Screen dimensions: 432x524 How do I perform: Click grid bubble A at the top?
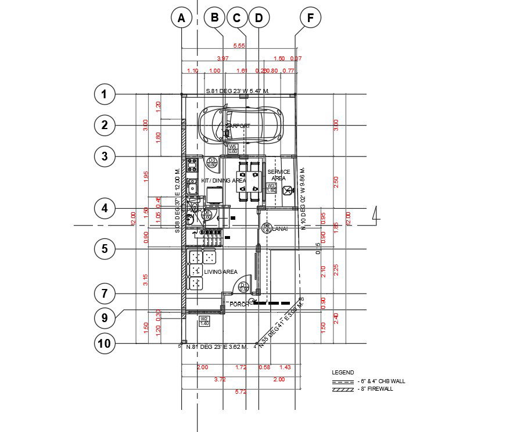(182, 18)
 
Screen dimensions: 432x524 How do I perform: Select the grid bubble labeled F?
(311, 18)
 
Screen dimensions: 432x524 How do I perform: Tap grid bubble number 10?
(105, 343)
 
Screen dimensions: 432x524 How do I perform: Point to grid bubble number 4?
(105, 208)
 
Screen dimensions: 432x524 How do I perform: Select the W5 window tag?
(232, 148)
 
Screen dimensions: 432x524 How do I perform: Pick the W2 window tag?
(204, 321)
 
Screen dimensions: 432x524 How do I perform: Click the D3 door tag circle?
(212, 162)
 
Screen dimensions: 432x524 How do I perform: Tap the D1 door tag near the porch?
(244, 287)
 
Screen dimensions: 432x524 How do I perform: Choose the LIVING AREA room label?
(221, 272)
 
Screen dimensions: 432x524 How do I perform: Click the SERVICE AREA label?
(279, 175)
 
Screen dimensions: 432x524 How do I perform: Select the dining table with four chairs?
(249, 181)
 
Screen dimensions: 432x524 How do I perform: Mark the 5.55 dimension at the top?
(238, 45)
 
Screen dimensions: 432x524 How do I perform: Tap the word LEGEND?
(342, 372)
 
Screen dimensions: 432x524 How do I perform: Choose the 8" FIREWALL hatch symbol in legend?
(343, 390)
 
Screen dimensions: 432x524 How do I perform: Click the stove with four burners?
(192, 165)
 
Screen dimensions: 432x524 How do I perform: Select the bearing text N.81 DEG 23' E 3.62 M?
(217, 347)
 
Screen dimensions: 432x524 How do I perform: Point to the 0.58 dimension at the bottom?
(264, 367)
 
